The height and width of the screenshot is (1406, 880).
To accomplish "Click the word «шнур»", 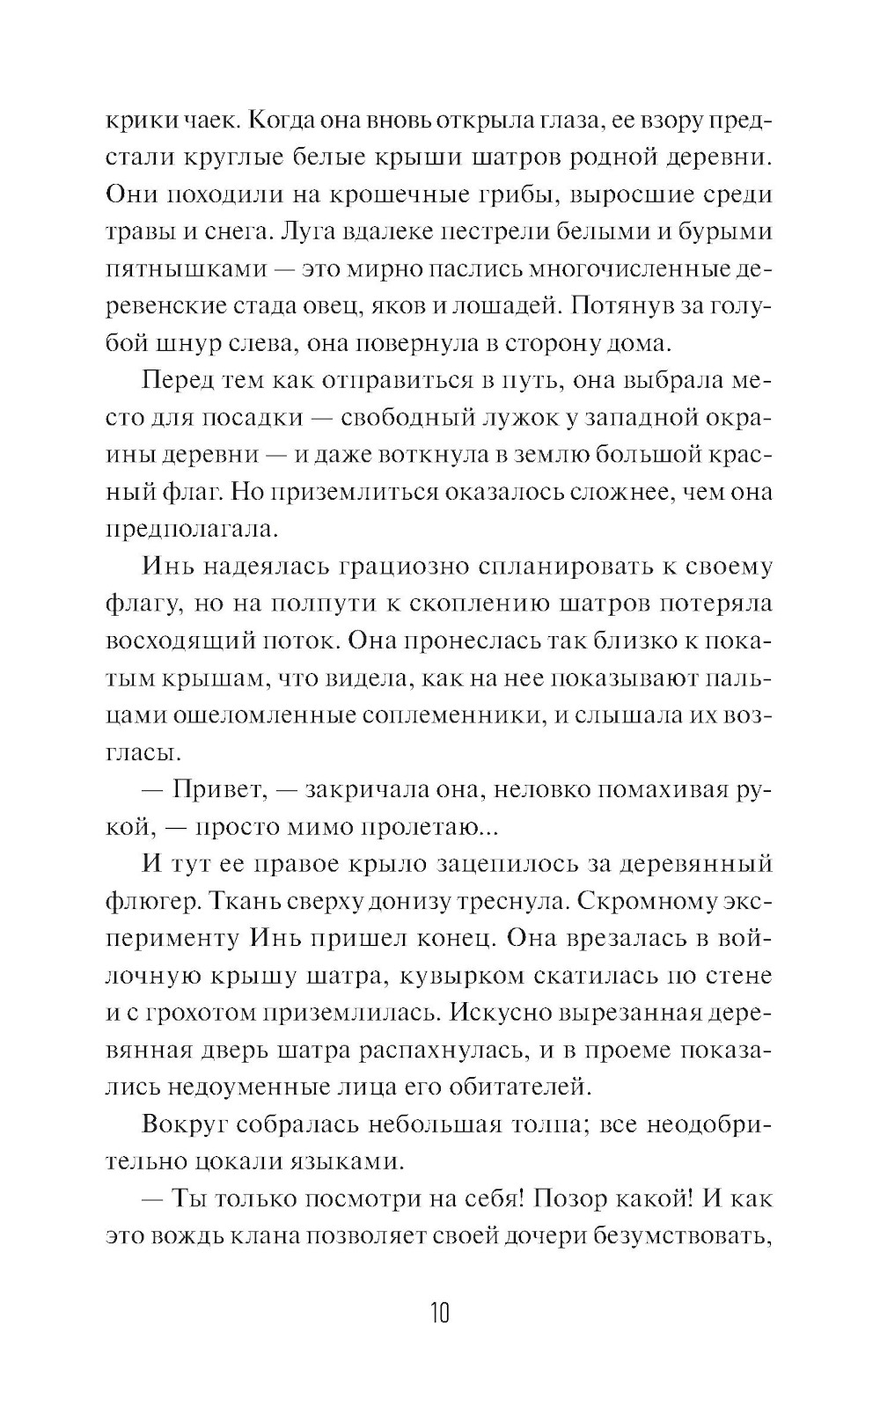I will [192, 343].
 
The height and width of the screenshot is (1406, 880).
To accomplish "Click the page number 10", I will [439, 1314].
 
